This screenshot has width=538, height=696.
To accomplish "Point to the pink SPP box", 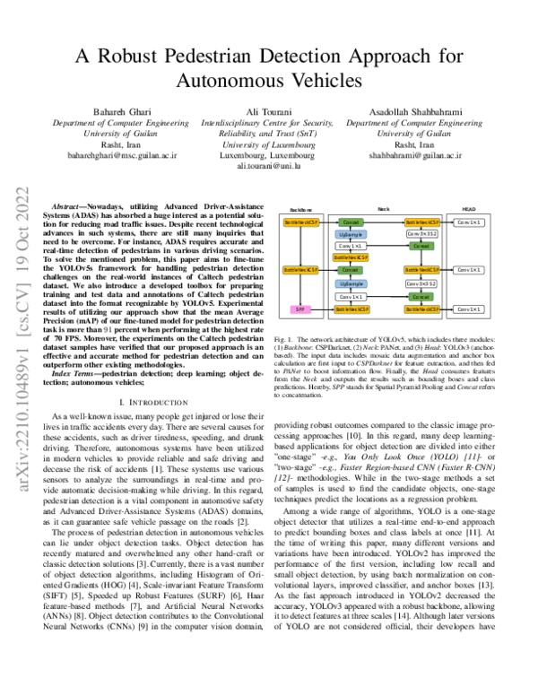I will (300, 309).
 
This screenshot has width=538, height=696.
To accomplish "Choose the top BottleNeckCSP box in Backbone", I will (301, 221).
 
